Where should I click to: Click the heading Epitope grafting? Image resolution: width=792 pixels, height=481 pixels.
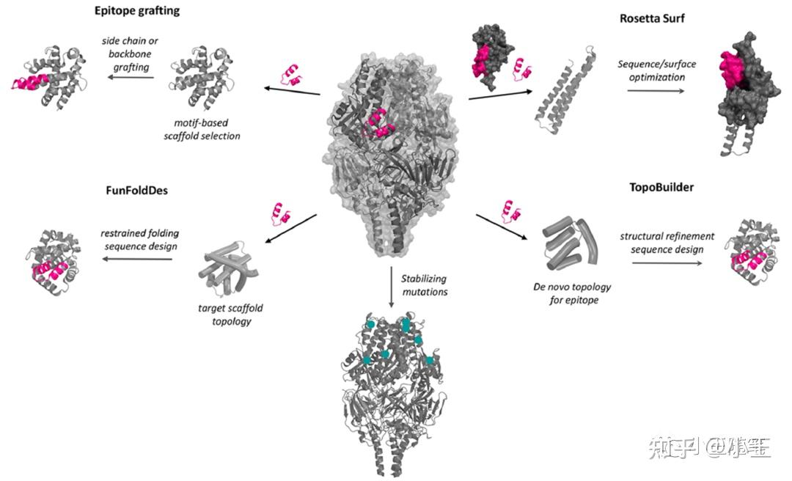pos(137,11)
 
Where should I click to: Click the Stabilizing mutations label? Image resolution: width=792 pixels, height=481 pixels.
pos(423,286)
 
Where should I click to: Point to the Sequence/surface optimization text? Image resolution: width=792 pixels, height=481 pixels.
pos(656,70)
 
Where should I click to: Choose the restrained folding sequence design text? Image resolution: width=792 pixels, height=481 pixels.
pos(139,240)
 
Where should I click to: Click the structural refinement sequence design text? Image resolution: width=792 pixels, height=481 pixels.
pos(661,243)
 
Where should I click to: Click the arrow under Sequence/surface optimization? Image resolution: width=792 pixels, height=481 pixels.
pos(656,91)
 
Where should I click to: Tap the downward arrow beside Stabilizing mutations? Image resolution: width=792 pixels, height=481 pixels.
pos(392,290)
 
